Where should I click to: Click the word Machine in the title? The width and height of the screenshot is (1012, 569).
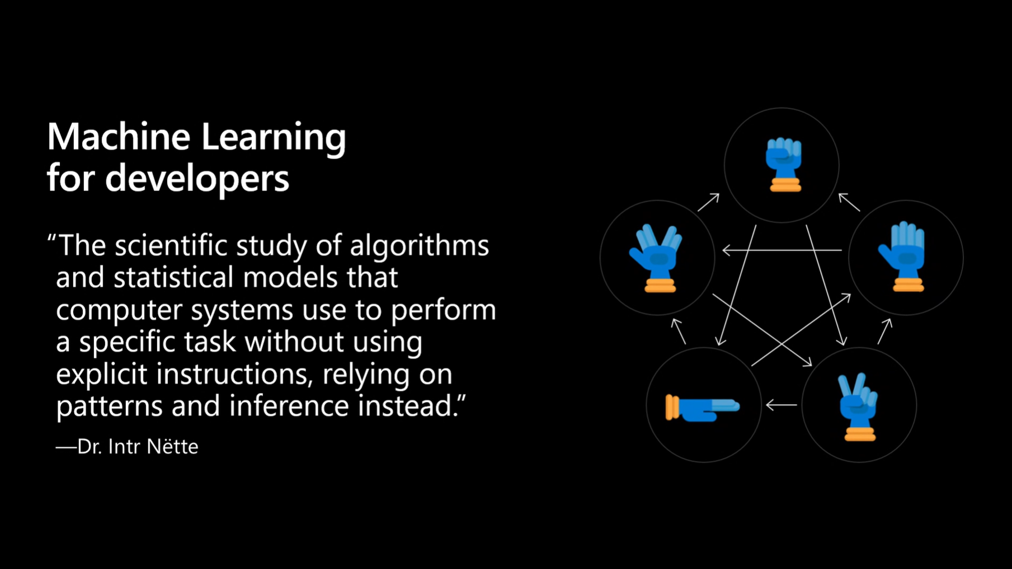click(x=119, y=137)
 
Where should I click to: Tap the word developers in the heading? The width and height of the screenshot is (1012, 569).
click(x=197, y=179)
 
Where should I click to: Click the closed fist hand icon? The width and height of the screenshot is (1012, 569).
click(x=784, y=165)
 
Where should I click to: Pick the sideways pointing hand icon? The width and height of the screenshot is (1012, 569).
click(x=703, y=407)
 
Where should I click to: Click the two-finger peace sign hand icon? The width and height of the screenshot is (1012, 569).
click(x=858, y=407)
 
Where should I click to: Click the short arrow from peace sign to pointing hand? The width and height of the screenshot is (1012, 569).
click(x=782, y=404)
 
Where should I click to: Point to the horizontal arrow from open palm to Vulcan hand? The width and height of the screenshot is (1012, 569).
click(x=782, y=250)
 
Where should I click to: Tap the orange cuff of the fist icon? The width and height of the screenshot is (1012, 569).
click(x=785, y=185)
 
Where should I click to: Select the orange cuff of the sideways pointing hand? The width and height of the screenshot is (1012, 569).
click(x=672, y=407)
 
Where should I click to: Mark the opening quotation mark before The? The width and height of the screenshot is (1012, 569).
click(x=52, y=239)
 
